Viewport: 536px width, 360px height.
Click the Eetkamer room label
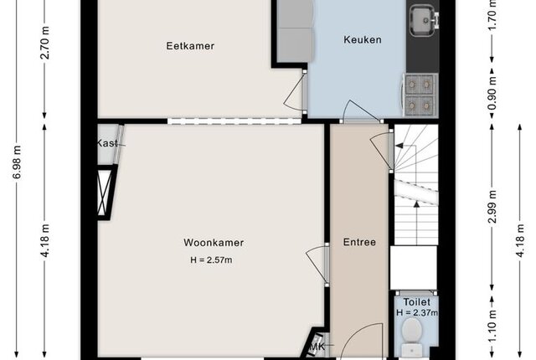[190, 46]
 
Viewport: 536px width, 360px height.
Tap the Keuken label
[363, 39]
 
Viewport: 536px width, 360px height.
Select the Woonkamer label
[214, 243]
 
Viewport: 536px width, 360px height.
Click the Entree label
[359, 242]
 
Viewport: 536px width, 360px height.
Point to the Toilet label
[417, 302]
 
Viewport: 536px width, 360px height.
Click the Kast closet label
[107, 143]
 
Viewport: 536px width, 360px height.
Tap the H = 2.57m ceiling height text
[211, 260]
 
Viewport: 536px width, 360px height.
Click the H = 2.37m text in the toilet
[417, 312]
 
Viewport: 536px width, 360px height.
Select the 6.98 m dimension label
[17, 162]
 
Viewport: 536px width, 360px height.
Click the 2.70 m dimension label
[44, 43]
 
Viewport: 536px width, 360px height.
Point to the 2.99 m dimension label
[492, 207]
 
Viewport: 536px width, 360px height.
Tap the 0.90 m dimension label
[492, 93]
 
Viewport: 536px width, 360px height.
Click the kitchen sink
[425, 19]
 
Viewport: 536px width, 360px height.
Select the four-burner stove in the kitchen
[420, 95]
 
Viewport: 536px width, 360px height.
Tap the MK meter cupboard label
[317, 347]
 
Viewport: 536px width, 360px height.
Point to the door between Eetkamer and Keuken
[296, 92]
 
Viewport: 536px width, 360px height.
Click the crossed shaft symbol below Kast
[105, 193]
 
